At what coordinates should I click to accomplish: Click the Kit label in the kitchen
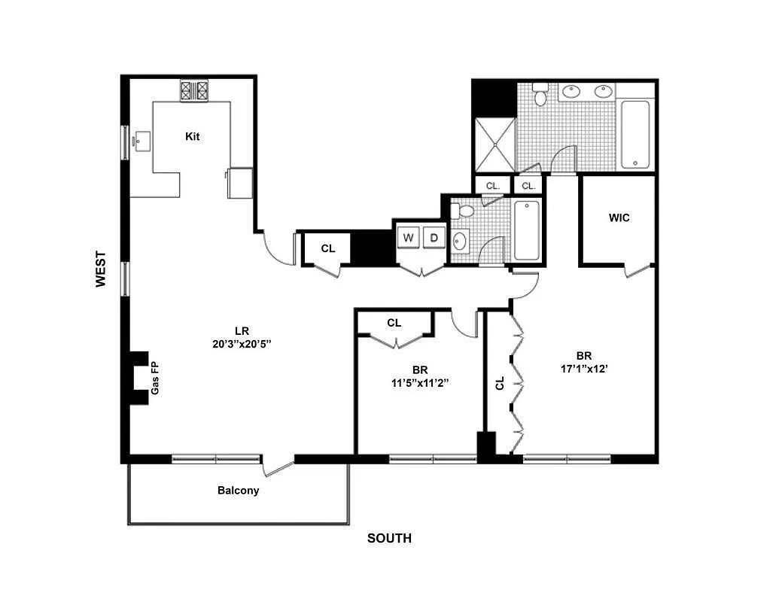pos(193,136)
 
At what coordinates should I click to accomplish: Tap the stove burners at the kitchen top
pos(194,91)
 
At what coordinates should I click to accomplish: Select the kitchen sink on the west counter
pos(141,140)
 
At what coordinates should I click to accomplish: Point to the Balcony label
pos(238,491)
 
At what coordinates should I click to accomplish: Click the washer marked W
pos(409,238)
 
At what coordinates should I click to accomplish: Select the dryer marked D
pos(434,238)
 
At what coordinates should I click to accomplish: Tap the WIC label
pos(619,218)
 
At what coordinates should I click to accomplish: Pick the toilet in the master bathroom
pos(540,96)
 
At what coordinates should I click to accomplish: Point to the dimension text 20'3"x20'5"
pos(242,344)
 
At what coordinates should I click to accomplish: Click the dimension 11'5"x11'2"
pos(420,383)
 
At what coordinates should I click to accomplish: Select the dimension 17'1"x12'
pos(583,369)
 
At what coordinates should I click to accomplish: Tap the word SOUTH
pos(389,538)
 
